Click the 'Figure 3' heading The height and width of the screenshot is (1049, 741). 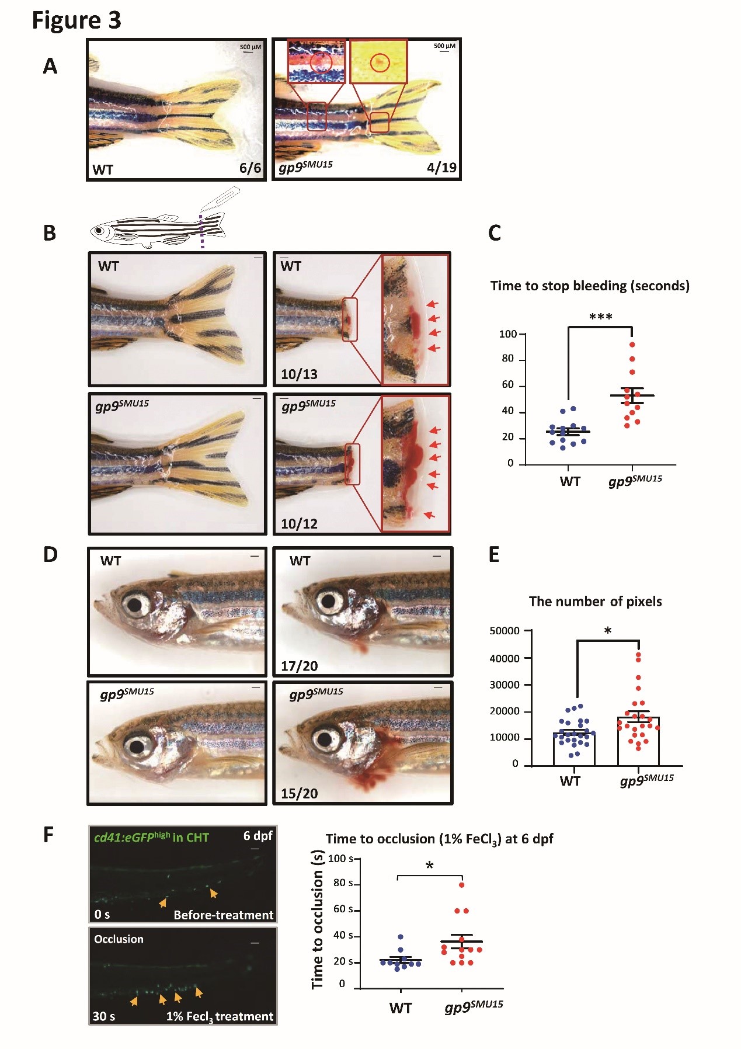tap(76, 20)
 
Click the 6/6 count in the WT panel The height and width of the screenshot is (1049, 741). tap(250, 168)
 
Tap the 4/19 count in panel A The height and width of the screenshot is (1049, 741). tap(441, 168)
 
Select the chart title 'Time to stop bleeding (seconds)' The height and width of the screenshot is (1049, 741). tap(590, 286)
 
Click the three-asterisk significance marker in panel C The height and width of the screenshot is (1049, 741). tap(600, 317)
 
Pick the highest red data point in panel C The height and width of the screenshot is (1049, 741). tap(632, 345)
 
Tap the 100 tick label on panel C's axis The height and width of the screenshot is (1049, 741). tap(507, 334)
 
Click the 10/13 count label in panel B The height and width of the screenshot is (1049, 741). tap(299, 374)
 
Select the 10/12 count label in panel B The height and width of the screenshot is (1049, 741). tap(299, 524)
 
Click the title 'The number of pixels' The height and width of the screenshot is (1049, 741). tap(595, 602)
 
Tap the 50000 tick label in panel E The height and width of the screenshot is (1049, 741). tap(504, 631)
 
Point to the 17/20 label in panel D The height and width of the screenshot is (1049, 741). tap(299, 666)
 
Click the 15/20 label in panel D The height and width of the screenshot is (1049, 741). tap(299, 794)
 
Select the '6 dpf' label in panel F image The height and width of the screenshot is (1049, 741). tap(258, 836)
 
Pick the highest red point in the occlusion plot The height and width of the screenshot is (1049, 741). tap(461, 885)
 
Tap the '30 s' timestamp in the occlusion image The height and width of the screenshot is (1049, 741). tap(103, 1016)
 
